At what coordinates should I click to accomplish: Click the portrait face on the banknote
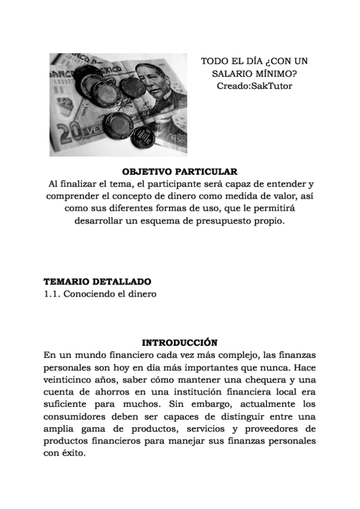click(x=153, y=86)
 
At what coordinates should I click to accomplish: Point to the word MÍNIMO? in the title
click(x=277, y=74)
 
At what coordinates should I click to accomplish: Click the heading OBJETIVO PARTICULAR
click(x=180, y=171)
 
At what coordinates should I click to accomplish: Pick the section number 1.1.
click(x=52, y=294)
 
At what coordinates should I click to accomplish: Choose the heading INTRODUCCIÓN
click(x=179, y=343)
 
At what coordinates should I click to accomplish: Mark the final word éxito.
click(x=73, y=455)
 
